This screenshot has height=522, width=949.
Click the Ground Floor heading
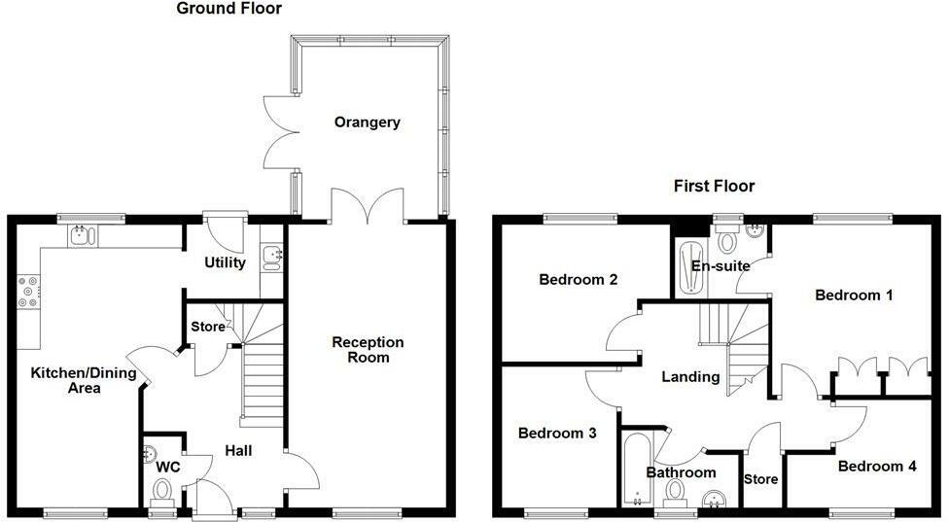[x=229, y=9]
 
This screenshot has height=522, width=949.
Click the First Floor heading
[x=714, y=186]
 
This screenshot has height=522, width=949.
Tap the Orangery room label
[x=367, y=122]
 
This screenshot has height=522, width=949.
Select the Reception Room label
[x=368, y=350]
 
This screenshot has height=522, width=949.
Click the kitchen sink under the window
[x=79, y=234]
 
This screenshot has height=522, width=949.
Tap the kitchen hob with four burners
[x=28, y=293]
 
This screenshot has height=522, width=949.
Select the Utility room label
[x=224, y=262]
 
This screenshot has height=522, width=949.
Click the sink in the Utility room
[x=271, y=257]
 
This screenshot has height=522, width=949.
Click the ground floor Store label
[x=207, y=327]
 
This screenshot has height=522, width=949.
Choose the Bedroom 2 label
[x=579, y=280]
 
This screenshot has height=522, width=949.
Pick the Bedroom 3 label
[x=556, y=433]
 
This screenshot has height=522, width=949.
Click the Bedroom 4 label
[x=876, y=466]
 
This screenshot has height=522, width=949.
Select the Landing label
[x=690, y=376]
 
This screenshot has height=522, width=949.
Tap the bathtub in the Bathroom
[x=636, y=467]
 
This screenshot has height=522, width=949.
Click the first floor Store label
[x=760, y=479]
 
